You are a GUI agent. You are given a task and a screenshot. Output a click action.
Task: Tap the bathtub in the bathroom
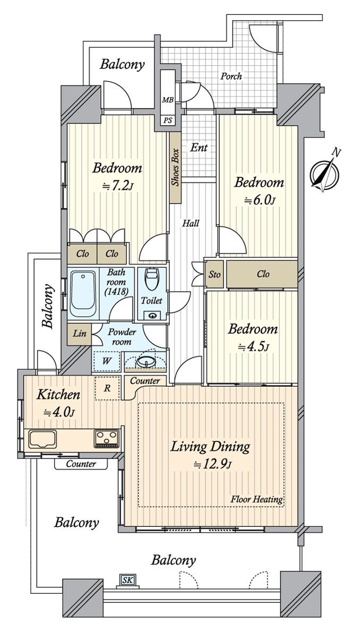click(x=83, y=293)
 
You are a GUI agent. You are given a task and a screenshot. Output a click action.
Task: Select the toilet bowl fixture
click(x=151, y=279)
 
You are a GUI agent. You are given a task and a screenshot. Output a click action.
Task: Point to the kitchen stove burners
click(x=107, y=438)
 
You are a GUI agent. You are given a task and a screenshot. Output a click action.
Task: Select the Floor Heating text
click(x=256, y=500)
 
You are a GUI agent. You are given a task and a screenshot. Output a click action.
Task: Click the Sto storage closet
click(x=215, y=274)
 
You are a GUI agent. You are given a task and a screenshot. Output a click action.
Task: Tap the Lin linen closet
click(x=79, y=334)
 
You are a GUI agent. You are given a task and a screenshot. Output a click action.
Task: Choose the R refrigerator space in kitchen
click(x=107, y=388)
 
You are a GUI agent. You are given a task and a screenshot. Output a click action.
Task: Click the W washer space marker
click(x=107, y=361)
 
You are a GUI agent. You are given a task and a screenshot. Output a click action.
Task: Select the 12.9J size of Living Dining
click(x=212, y=464)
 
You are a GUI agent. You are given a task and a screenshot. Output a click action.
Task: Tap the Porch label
click(x=231, y=75)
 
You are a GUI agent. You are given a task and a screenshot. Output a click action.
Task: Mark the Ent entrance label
click(x=199, y=148)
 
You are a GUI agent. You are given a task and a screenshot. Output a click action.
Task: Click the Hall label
click(x=191, y=223)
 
